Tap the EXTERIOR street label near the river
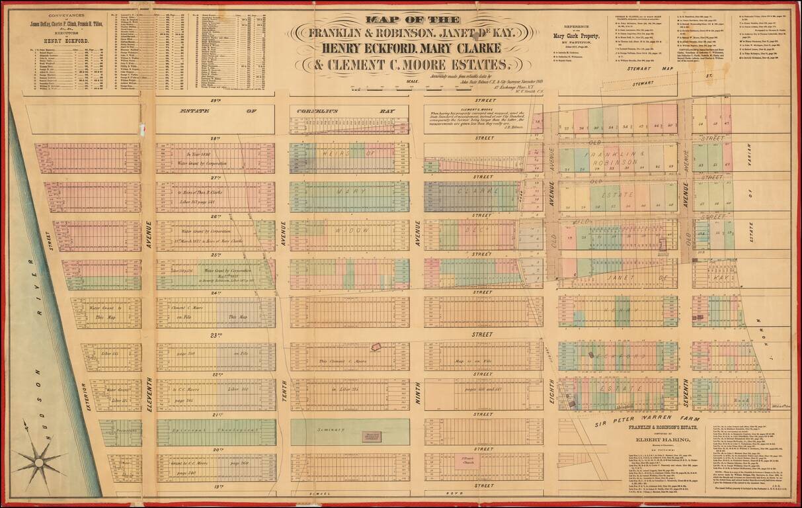[83, 396]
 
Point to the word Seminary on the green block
[333, 430]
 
